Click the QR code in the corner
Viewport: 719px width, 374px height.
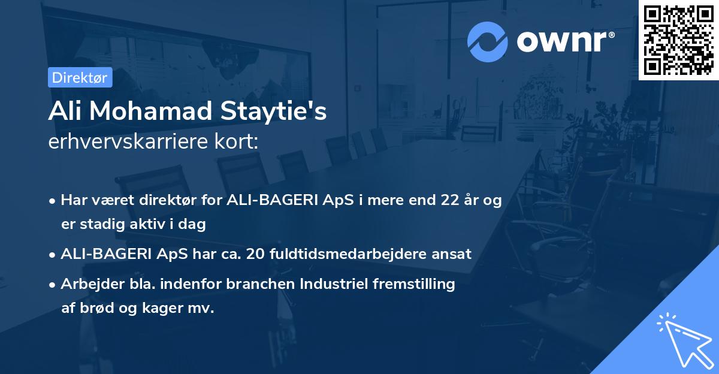678,40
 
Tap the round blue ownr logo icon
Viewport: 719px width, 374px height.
488,42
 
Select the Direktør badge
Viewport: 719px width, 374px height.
80,77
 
